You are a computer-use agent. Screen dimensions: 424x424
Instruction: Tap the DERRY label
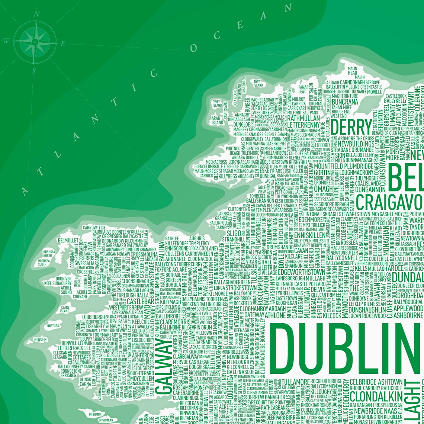tap(351, 127)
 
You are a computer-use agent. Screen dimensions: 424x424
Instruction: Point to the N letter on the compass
tap(36, 15)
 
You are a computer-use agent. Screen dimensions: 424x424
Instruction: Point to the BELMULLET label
tap(67, 240)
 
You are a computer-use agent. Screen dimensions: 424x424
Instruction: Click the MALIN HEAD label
tap(352, 71)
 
